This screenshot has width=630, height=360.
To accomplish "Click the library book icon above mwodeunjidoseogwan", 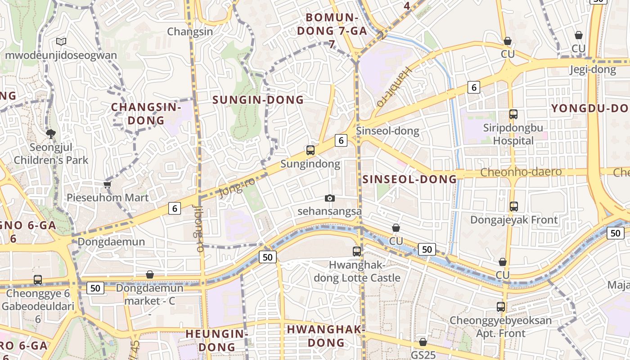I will [x=61, y=42].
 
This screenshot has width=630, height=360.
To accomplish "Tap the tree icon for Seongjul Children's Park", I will [x=50, y=134].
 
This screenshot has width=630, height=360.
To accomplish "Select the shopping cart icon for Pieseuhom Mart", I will [x=107, y=184].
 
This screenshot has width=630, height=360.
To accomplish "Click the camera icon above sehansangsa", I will [x=330, y=198].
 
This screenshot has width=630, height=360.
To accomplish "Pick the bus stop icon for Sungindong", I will [x=310, y=150].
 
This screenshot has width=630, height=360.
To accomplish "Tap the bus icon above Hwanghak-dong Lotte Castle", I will [x=357, y=252].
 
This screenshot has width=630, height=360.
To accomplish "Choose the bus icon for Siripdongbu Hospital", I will [x=513, y=114].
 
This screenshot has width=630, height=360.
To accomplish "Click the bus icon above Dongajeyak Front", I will [x=513, y=207].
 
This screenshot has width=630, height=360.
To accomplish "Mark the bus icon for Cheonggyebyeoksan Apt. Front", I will [x=501, y=307].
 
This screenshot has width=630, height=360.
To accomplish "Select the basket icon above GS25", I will [x=423, y=342].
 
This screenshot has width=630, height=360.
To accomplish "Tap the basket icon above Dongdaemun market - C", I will [x=150, y=274].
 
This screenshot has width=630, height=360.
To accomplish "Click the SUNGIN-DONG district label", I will [x=258, y=100].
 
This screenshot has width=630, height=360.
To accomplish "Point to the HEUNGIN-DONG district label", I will [x=216, y=340].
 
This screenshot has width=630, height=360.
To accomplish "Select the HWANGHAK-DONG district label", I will [x=325, y=336].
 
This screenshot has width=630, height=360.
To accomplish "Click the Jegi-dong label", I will [x=592, y=70].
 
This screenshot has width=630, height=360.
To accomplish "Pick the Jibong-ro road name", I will [x=198, y=228].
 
